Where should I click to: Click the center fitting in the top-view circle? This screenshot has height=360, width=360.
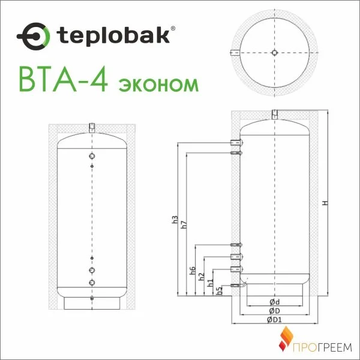tap(274, 52)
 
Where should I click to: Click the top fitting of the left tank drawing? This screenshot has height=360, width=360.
tap(91, 127)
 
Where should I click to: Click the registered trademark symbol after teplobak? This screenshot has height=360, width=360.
tap(173, 28)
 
